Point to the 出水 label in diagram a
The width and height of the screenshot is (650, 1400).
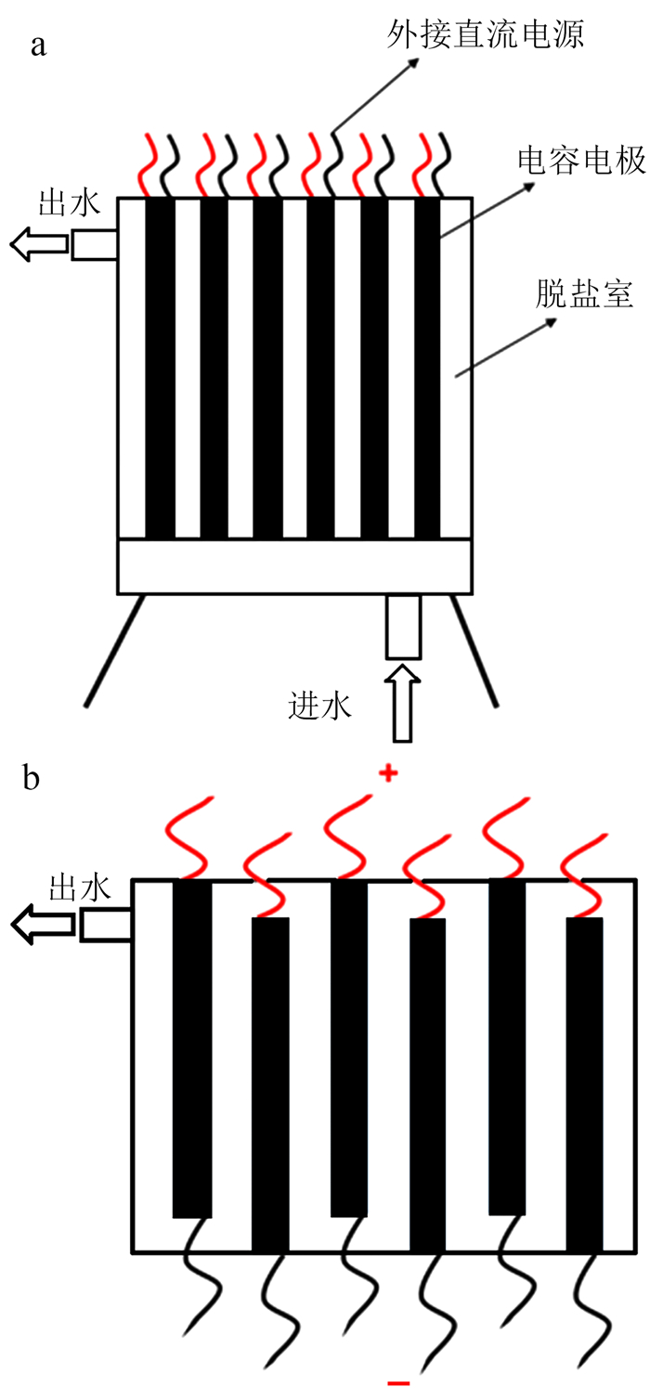[x=69, y=177]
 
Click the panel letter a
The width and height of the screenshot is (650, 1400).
[x=38, y=45]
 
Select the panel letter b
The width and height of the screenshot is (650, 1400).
[x=32, y=778]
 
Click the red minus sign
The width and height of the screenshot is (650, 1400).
[x=398, y=1384]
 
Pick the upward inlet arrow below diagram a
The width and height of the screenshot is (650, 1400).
[x=402, y=702]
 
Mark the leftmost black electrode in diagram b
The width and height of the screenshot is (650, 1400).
[x=192, y=1047]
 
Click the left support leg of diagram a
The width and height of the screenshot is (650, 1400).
[x=115, y=650]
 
